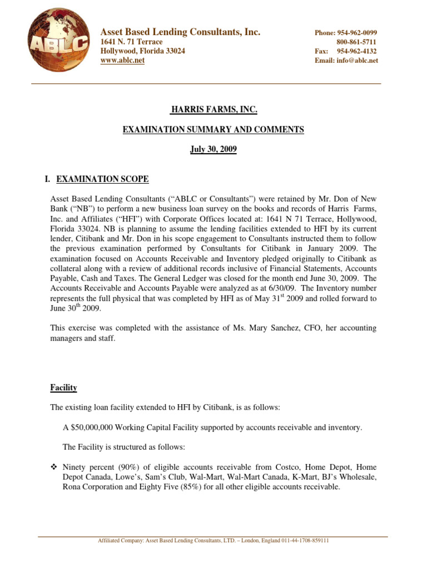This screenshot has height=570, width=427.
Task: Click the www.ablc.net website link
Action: pos(122,61)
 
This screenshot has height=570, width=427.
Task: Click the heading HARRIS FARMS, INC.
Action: pos(213,110)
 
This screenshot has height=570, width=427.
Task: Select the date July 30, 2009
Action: pos(213,150)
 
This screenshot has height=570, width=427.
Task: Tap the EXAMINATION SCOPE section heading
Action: pos(104,179)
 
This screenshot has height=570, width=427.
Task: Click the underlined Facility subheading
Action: pos(63,387)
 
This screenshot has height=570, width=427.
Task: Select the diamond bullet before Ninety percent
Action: pos(53,467)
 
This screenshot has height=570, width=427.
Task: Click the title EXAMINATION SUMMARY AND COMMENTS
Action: pos(213,130)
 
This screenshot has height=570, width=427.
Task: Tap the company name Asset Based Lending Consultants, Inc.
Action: pos(180,32)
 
